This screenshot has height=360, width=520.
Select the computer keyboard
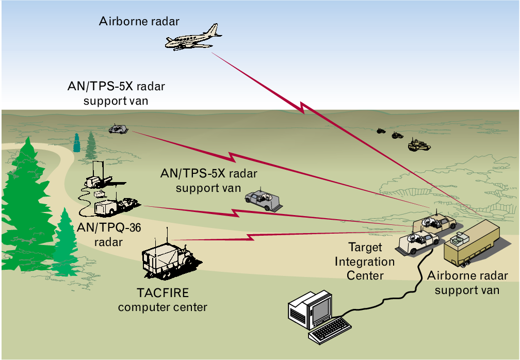tap(330, 330)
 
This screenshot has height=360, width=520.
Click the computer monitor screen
tap(320, 307)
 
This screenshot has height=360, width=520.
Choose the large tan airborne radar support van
tap(473, 242)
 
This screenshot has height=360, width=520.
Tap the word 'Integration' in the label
tap(365, 261)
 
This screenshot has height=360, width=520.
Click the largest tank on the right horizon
tap(419, 145)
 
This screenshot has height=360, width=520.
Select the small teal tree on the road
tap(77, 143)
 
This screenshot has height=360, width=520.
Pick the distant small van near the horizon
tap(117, 129)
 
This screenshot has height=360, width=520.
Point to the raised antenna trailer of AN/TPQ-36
tap(98, 178)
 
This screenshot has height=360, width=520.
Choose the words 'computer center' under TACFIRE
tap(163, 308)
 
